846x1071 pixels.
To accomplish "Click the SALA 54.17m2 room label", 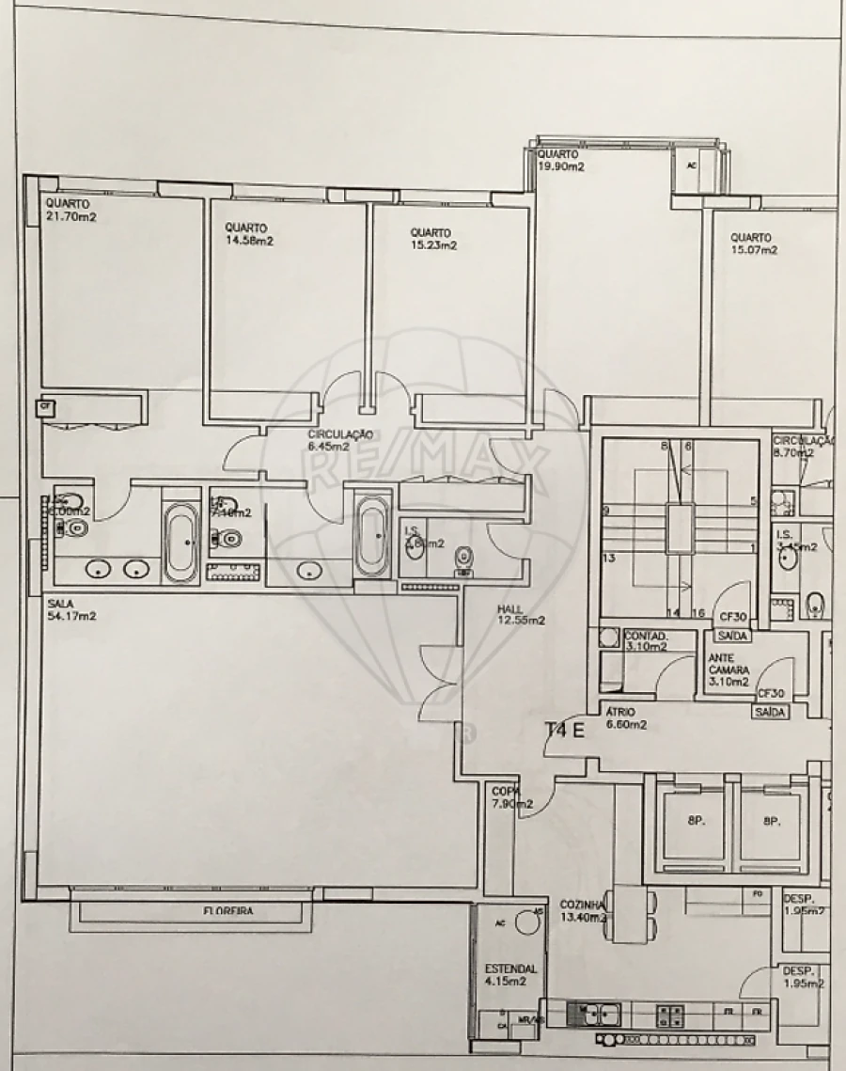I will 71,610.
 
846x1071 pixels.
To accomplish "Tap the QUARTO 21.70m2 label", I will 71,210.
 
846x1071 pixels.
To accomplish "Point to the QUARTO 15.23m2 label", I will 433,239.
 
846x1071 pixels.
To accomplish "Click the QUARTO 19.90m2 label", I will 560,161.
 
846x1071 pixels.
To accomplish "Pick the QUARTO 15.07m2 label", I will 754,244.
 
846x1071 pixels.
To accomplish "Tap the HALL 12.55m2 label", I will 522,614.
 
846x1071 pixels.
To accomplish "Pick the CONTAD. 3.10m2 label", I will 645,641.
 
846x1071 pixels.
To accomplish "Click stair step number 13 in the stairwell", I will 608,559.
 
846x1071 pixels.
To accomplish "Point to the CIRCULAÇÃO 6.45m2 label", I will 341,440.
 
